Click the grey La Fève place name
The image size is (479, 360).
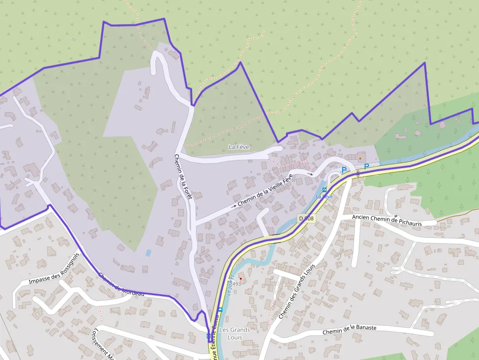[239, 147]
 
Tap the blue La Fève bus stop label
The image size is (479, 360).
[325, 196]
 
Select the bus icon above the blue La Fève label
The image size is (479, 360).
[325, 190]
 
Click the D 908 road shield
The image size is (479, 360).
[306, 219]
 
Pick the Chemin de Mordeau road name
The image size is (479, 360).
[121, 284]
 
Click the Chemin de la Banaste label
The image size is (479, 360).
[349, 330]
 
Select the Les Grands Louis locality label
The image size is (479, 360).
[235, 333]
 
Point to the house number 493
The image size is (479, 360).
[237, 284]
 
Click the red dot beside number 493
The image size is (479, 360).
[240, 278]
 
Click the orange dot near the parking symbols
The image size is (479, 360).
[360, 158]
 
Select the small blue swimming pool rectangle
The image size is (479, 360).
[148, 253]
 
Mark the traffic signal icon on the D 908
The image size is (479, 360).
[358, 172]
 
